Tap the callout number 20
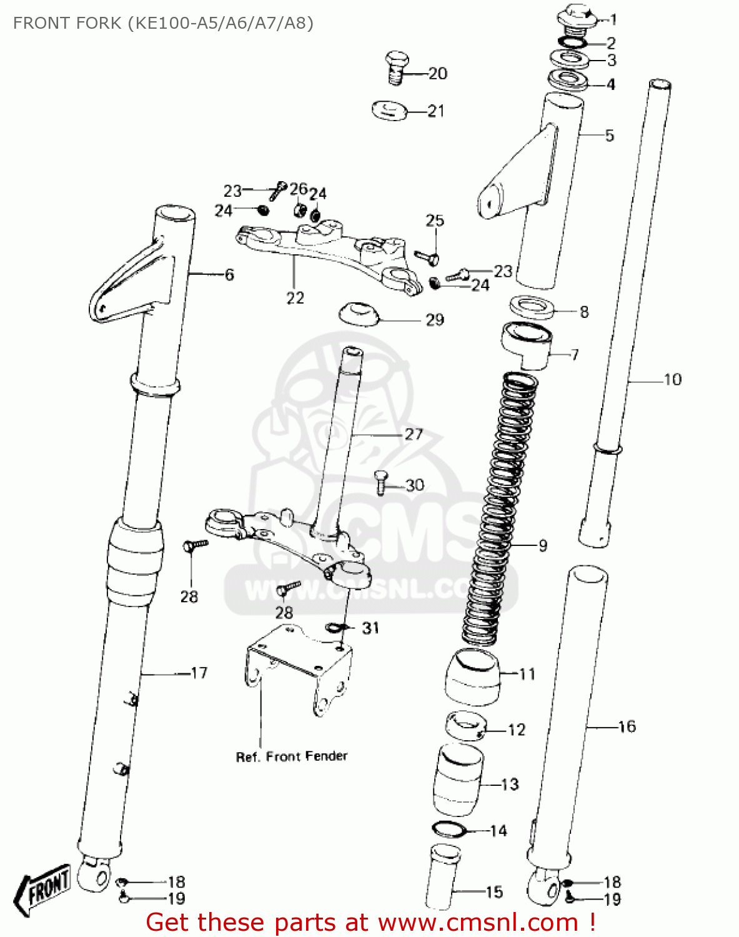point(438,74)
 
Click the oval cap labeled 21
point(389,111)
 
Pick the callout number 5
point(609,136)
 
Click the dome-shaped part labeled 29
point(359,314)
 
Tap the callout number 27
point(414,434)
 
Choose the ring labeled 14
point(449,830)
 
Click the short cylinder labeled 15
point(443,878)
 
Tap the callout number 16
point(627,726)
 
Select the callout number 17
point(199,673)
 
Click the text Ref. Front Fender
point(291,756)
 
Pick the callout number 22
point(295,298)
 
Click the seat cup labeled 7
point(526,345)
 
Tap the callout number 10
point(672,379)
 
